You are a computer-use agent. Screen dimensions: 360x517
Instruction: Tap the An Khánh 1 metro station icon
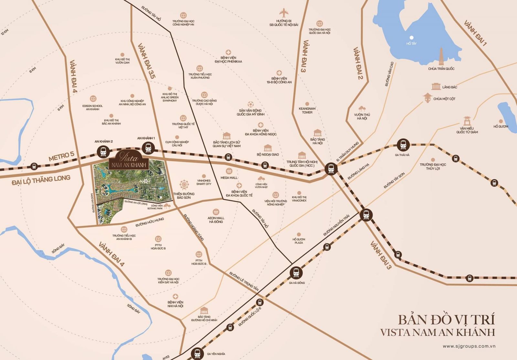[x=148, y=148]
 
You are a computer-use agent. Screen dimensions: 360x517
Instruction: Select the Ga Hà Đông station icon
[x=296, y=272]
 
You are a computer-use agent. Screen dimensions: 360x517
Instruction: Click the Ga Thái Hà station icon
[x=403, y=145]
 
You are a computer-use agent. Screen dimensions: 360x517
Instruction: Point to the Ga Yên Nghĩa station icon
[x=197, y=354]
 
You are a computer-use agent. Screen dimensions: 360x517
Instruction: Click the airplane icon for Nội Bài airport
[x=284, y=14]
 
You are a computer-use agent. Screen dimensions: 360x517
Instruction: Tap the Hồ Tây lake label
[x=411, y=43]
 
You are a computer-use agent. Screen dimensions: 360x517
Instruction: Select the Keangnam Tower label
[x=307, y=111]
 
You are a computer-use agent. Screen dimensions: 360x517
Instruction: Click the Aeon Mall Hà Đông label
[x=216, y=220]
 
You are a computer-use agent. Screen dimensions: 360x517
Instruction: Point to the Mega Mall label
[x=229, y=178]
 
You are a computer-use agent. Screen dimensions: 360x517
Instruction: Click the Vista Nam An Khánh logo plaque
[x=129, y=161]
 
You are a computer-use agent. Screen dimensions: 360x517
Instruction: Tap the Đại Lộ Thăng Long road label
[x=41, y=180]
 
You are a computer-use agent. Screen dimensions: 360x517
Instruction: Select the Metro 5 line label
[x=61, y=156]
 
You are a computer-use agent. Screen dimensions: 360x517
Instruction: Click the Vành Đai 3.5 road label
[x=146, y=61]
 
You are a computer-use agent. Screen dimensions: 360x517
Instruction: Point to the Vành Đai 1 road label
[x=475, y=33]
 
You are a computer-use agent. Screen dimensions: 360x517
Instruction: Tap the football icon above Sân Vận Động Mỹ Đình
[x=250, y=104]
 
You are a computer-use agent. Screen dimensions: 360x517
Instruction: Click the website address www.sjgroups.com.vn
[x=469, y=346]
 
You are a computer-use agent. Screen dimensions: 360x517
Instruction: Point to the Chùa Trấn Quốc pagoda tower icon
[x=441, y=57]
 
